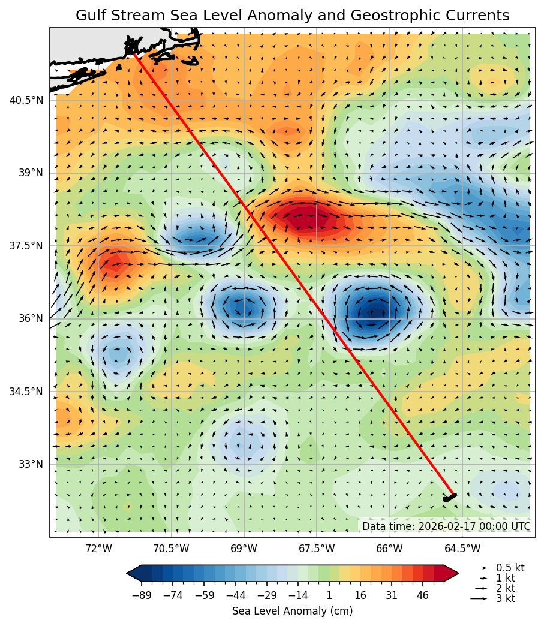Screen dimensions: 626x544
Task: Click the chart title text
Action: coord(292,16)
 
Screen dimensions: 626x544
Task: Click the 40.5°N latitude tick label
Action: coord(26,100)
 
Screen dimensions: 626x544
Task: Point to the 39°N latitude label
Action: coord(30,173)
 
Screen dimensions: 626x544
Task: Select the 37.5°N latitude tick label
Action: coord(26,246)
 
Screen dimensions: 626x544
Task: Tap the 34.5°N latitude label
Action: coord(26,392)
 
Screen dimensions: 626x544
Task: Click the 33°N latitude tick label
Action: coord(30,464)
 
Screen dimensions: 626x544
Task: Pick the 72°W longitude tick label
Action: coord(98,549)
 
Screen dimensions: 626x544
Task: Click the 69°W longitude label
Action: coord(244,549)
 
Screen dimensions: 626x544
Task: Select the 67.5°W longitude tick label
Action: coord(317,549)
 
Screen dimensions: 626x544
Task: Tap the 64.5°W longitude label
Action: coord(462,549)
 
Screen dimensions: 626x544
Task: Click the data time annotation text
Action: coord(446,526)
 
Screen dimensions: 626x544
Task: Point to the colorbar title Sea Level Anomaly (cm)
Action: coord(292,611)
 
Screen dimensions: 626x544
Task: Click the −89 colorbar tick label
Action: coord(142,595)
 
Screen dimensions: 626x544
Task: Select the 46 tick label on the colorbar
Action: coord(423,595)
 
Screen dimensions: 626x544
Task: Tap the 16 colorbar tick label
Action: coord(360,595)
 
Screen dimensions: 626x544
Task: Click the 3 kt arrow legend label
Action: coord(505,598)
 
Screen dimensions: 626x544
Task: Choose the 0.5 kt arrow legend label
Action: coord(510,568)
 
